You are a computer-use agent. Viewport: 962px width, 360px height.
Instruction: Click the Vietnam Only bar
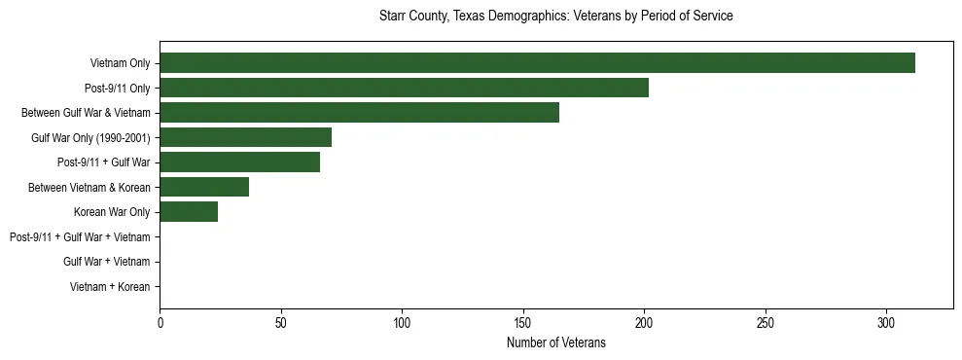[537, 63]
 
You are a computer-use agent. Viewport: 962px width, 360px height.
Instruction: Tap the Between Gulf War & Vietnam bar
[359, 113]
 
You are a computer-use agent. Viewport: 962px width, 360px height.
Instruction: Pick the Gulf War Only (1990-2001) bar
[245, 137]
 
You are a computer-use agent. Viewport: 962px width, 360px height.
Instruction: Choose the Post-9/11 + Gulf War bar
[239, 162]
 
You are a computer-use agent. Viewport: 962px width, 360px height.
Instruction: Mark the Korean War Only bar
[189, 212]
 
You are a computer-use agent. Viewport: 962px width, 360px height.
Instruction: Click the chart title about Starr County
[555, 17]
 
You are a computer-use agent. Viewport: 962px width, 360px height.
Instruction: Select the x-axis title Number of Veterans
[555, 342]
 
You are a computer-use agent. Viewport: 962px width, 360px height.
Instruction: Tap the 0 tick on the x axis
[160, 322]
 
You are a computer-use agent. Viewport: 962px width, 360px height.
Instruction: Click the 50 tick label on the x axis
[280, 322]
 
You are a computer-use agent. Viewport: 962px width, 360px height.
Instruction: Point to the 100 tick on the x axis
[402, 322]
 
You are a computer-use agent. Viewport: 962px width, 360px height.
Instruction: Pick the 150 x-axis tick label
[522, 322]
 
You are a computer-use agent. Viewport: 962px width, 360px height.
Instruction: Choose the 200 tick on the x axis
[644, 322]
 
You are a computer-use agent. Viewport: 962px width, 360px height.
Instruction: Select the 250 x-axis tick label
[765, 322]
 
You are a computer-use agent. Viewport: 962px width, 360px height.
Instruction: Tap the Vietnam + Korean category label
[110, 287]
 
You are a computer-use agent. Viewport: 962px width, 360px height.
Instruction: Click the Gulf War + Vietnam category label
[106, 262]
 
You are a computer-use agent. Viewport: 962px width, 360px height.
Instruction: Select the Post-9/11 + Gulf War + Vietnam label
[80, 237]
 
